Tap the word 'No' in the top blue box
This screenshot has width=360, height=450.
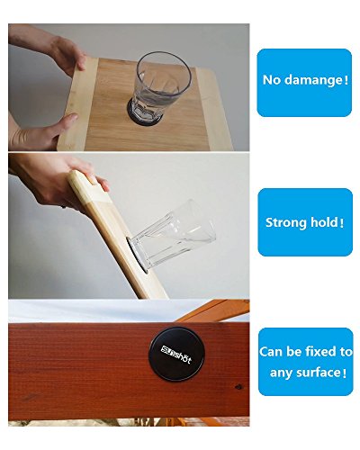coord(272,80)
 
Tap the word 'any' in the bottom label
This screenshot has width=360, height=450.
coord(281,373)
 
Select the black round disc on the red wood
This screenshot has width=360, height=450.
coord(173,354)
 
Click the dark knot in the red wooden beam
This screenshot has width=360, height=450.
coord(238,386)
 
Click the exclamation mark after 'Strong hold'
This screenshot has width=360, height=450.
coord(343,223)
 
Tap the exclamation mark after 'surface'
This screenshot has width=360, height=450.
coord(344,373)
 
